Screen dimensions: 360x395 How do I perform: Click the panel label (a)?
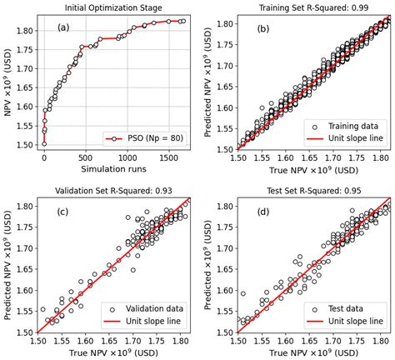[x=64, y=28]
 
